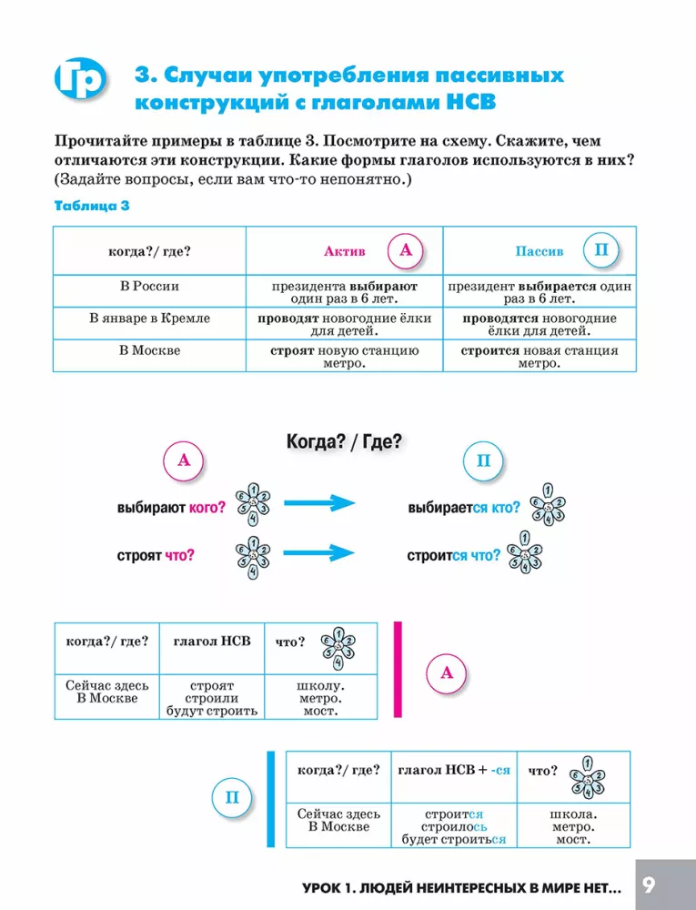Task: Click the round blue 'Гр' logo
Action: click(80, 78)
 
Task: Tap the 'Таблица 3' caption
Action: click(92, 206)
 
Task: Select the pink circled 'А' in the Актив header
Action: click(406, 250)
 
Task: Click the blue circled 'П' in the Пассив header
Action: click(601, 250)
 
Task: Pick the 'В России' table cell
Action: click(149, 291)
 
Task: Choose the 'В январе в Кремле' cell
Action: click(149, 323)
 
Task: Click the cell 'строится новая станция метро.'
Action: click(540, 356)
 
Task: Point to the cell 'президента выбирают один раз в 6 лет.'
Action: click(345, 291)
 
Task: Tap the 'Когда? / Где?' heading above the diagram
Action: click(344, 441)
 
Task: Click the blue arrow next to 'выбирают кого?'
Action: click(319, 502)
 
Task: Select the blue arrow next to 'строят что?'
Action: click(319, 552)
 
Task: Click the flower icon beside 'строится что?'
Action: click(524, 552)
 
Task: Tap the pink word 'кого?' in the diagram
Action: click(207, 508)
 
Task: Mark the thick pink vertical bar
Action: click(398, 670)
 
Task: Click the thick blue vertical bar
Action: click(271, 799)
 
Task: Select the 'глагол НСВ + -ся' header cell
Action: click(454, 777)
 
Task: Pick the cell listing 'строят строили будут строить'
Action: click(212, 697)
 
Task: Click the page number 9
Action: click(649, 885)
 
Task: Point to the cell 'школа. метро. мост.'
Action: click(573, 826)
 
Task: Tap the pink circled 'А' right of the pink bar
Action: click(447, 672)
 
